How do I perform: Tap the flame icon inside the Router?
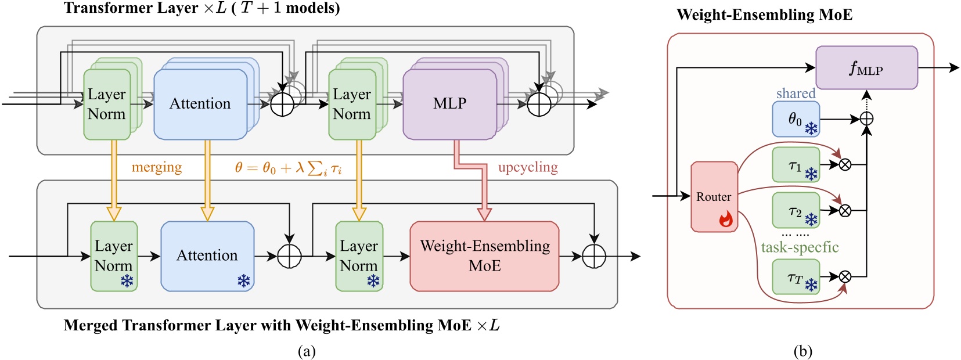pyautogui.click(x=726, y=219)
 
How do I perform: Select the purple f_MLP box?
pyautogui.click(x=866, y=68)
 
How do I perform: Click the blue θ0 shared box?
pyautogui.click(x=796, y=119)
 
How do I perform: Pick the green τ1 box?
pyautogui.click(x=796, y=165)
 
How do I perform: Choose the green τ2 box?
pyautogui.click(x=796, y=210)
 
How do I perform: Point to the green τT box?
pyautogui.click(x=796, y=277)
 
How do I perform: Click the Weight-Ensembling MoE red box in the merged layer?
pyautogui.click(x=484, y=256)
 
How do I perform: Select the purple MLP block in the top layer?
pyautogui.click(x=449, y=104)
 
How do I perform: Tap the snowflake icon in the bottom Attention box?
pyautogui.click(x=243, y=282)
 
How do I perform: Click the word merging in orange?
pyautogui.click(x=156, y=167)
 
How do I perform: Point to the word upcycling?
pyautogui.click(x=527, y=167)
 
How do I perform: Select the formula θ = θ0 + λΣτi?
pyautogui.click(x=288, y=168)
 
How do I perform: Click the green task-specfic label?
pyautogui.click(x=800, y=247)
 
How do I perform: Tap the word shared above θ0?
pyautogui.click(x=796, y=93)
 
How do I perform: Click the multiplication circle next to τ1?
pyautogui.click(x=845, y=165)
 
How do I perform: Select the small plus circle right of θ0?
pyautogui.click(x=866, y=119)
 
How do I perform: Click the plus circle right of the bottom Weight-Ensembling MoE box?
pyautogui.click(x=594, y=256)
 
